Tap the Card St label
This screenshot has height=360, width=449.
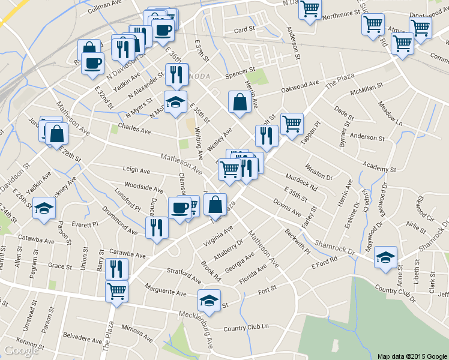click(x=245, y=29)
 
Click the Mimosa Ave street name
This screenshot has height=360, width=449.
click(x=138, y=330)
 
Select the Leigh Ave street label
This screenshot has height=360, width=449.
click(x=136, y=170)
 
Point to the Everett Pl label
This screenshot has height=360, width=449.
click(x=85, y=224)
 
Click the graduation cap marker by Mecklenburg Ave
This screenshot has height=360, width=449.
click(x=209, y=300)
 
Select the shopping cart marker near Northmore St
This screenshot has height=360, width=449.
click(x=310, y=9)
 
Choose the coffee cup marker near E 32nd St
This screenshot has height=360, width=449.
click(x=92, y=62)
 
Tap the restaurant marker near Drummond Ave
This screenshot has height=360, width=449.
click(x=156, y=227)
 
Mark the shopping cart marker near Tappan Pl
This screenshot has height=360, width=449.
click(x=292, y=124)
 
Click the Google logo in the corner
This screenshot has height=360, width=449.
click(x=21, y=350)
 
